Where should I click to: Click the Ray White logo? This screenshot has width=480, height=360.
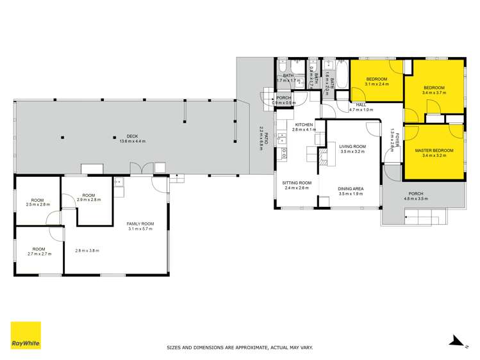[26, 335]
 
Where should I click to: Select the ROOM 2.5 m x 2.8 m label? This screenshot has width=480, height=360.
[38, 202]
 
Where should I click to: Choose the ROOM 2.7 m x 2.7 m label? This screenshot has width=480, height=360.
[39, 251]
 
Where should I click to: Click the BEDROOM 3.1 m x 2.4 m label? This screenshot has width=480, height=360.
[377, 81]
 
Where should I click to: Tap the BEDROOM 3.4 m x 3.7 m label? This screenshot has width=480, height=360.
[434, 90]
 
